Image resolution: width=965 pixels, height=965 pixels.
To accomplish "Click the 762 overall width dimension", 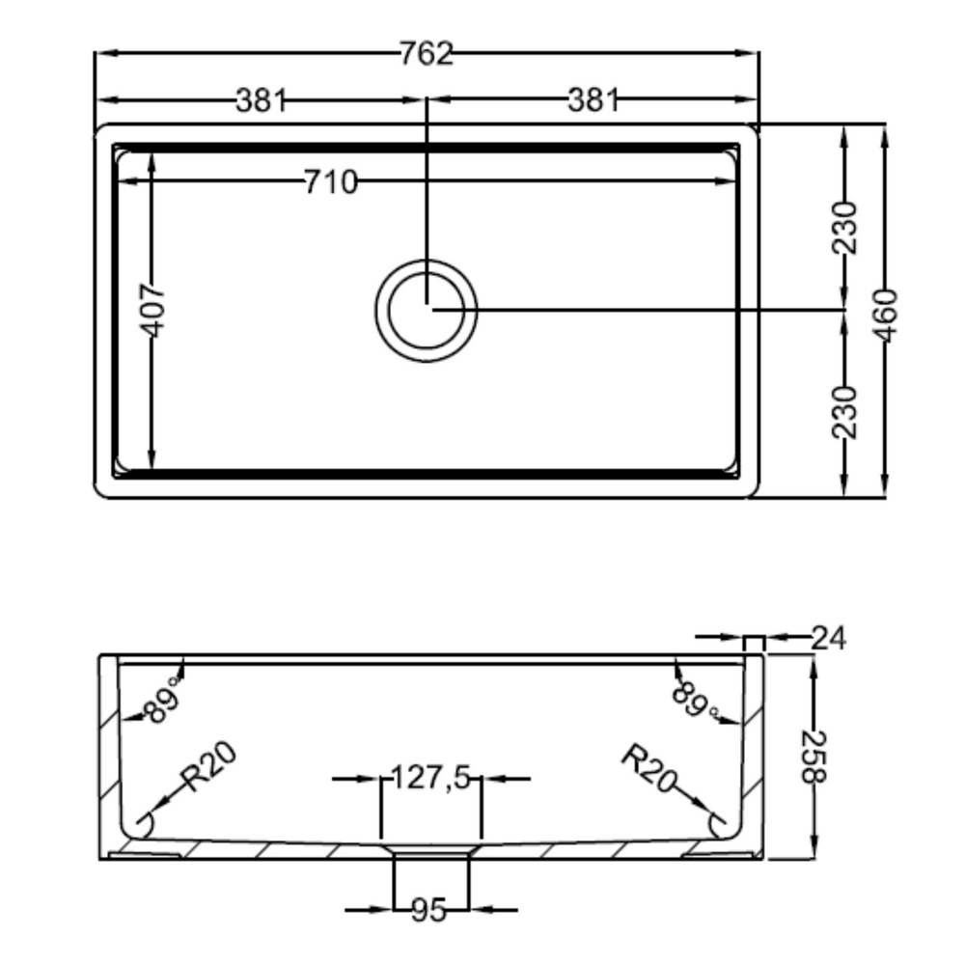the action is click(427, 53).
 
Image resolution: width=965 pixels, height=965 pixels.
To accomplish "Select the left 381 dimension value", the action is click(262, 100).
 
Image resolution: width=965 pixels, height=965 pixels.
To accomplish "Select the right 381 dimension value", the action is click(593, 100).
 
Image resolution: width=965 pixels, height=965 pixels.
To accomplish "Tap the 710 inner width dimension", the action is click(331, 182).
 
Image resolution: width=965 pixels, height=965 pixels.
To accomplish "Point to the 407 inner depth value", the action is click(153, 310).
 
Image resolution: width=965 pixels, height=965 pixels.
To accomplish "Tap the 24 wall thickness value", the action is click(829, 638).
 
